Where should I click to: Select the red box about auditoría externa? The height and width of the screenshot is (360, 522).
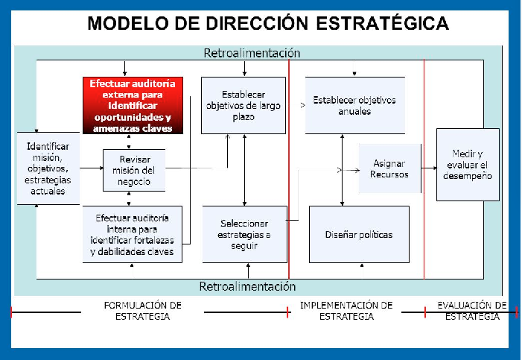point(133,106)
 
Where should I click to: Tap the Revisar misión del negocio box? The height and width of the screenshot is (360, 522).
point(134,170)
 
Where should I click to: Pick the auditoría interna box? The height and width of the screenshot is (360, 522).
point(132,234)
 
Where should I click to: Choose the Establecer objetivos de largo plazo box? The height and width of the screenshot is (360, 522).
point(244,105)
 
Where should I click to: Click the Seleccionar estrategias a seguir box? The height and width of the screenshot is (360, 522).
point(244,234)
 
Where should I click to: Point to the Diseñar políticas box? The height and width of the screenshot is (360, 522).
point(359,234)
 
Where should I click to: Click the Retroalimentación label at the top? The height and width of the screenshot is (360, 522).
point(252,54)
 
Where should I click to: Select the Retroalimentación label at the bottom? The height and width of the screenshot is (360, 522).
point(248,287)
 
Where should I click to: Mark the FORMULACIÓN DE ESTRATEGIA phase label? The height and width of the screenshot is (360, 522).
point(141,311)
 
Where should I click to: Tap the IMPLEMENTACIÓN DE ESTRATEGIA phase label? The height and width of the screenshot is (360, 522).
point(346,311)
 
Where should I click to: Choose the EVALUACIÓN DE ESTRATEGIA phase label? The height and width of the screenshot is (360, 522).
point(472,311)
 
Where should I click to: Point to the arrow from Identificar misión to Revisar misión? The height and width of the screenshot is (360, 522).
point(91,168)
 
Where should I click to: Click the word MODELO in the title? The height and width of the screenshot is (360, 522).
point(124,23)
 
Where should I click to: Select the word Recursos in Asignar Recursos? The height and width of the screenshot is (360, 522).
point(389,174)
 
